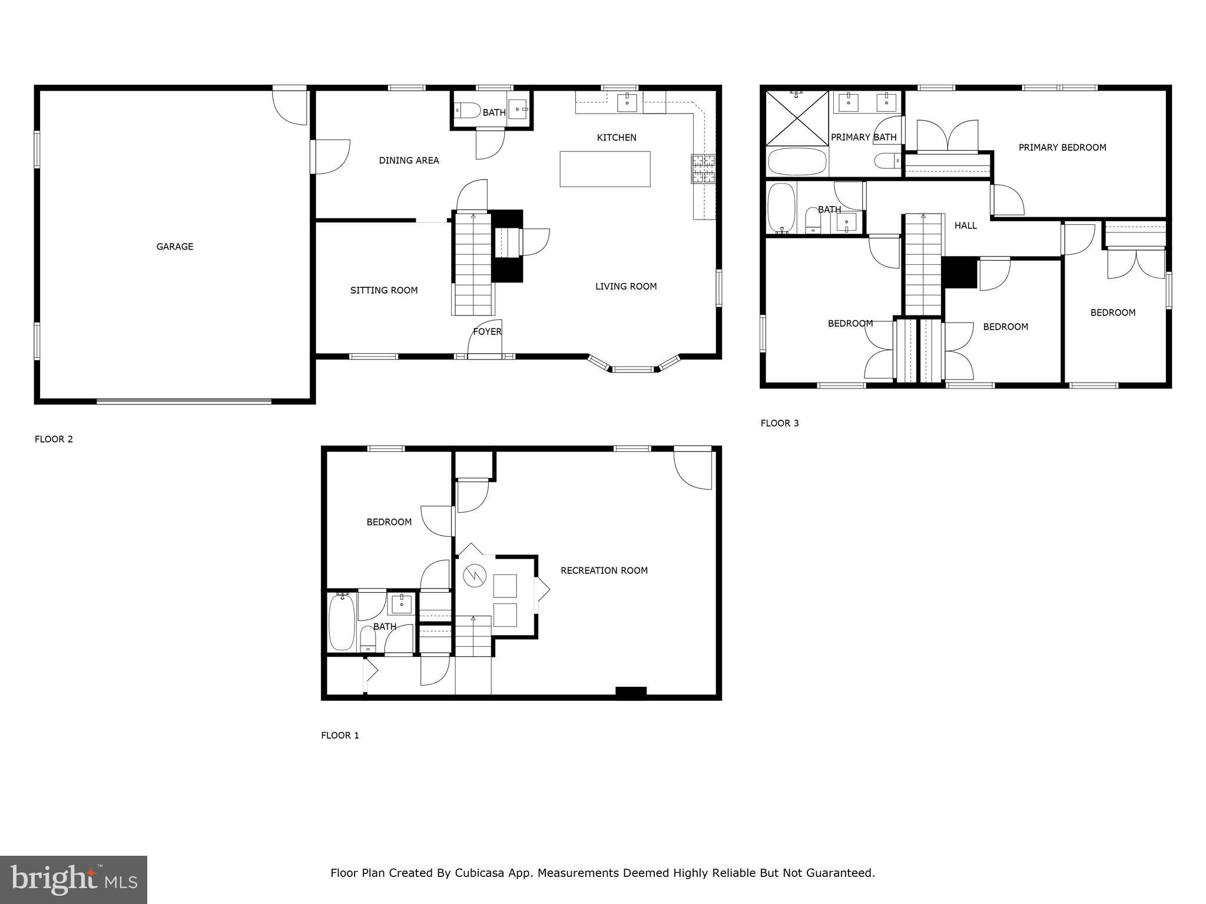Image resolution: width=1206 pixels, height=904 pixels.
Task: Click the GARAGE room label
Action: (174, 247)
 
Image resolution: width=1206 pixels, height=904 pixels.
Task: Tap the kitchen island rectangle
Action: (605, 169)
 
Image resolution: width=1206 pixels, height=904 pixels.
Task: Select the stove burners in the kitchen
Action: (703, 169)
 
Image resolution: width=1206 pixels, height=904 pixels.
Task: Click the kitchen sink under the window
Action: (627, 102)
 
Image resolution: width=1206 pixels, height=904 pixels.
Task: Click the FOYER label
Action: (487, 332)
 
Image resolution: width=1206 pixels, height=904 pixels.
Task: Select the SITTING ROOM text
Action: (384, 290)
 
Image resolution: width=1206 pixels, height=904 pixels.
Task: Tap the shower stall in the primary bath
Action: (797, 118)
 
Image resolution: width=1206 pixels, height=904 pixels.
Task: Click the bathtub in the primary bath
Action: (797, 161)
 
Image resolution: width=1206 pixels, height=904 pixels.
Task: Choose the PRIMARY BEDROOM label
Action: (1062, 148)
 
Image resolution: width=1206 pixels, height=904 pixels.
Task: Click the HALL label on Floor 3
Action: (965, 225)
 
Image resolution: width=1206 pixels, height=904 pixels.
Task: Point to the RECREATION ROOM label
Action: (604, 570)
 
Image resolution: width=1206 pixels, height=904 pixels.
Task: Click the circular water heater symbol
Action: (473, 575)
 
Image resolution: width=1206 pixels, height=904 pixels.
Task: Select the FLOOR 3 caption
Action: (779, 423)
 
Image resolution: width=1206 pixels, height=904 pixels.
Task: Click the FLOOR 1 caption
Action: (340, 736)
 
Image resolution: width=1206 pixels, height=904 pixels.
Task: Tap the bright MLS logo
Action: (74, 879)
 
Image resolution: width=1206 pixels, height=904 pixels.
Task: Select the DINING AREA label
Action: (409, 160)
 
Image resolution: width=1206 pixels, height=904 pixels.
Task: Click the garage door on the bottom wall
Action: (184, 401)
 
